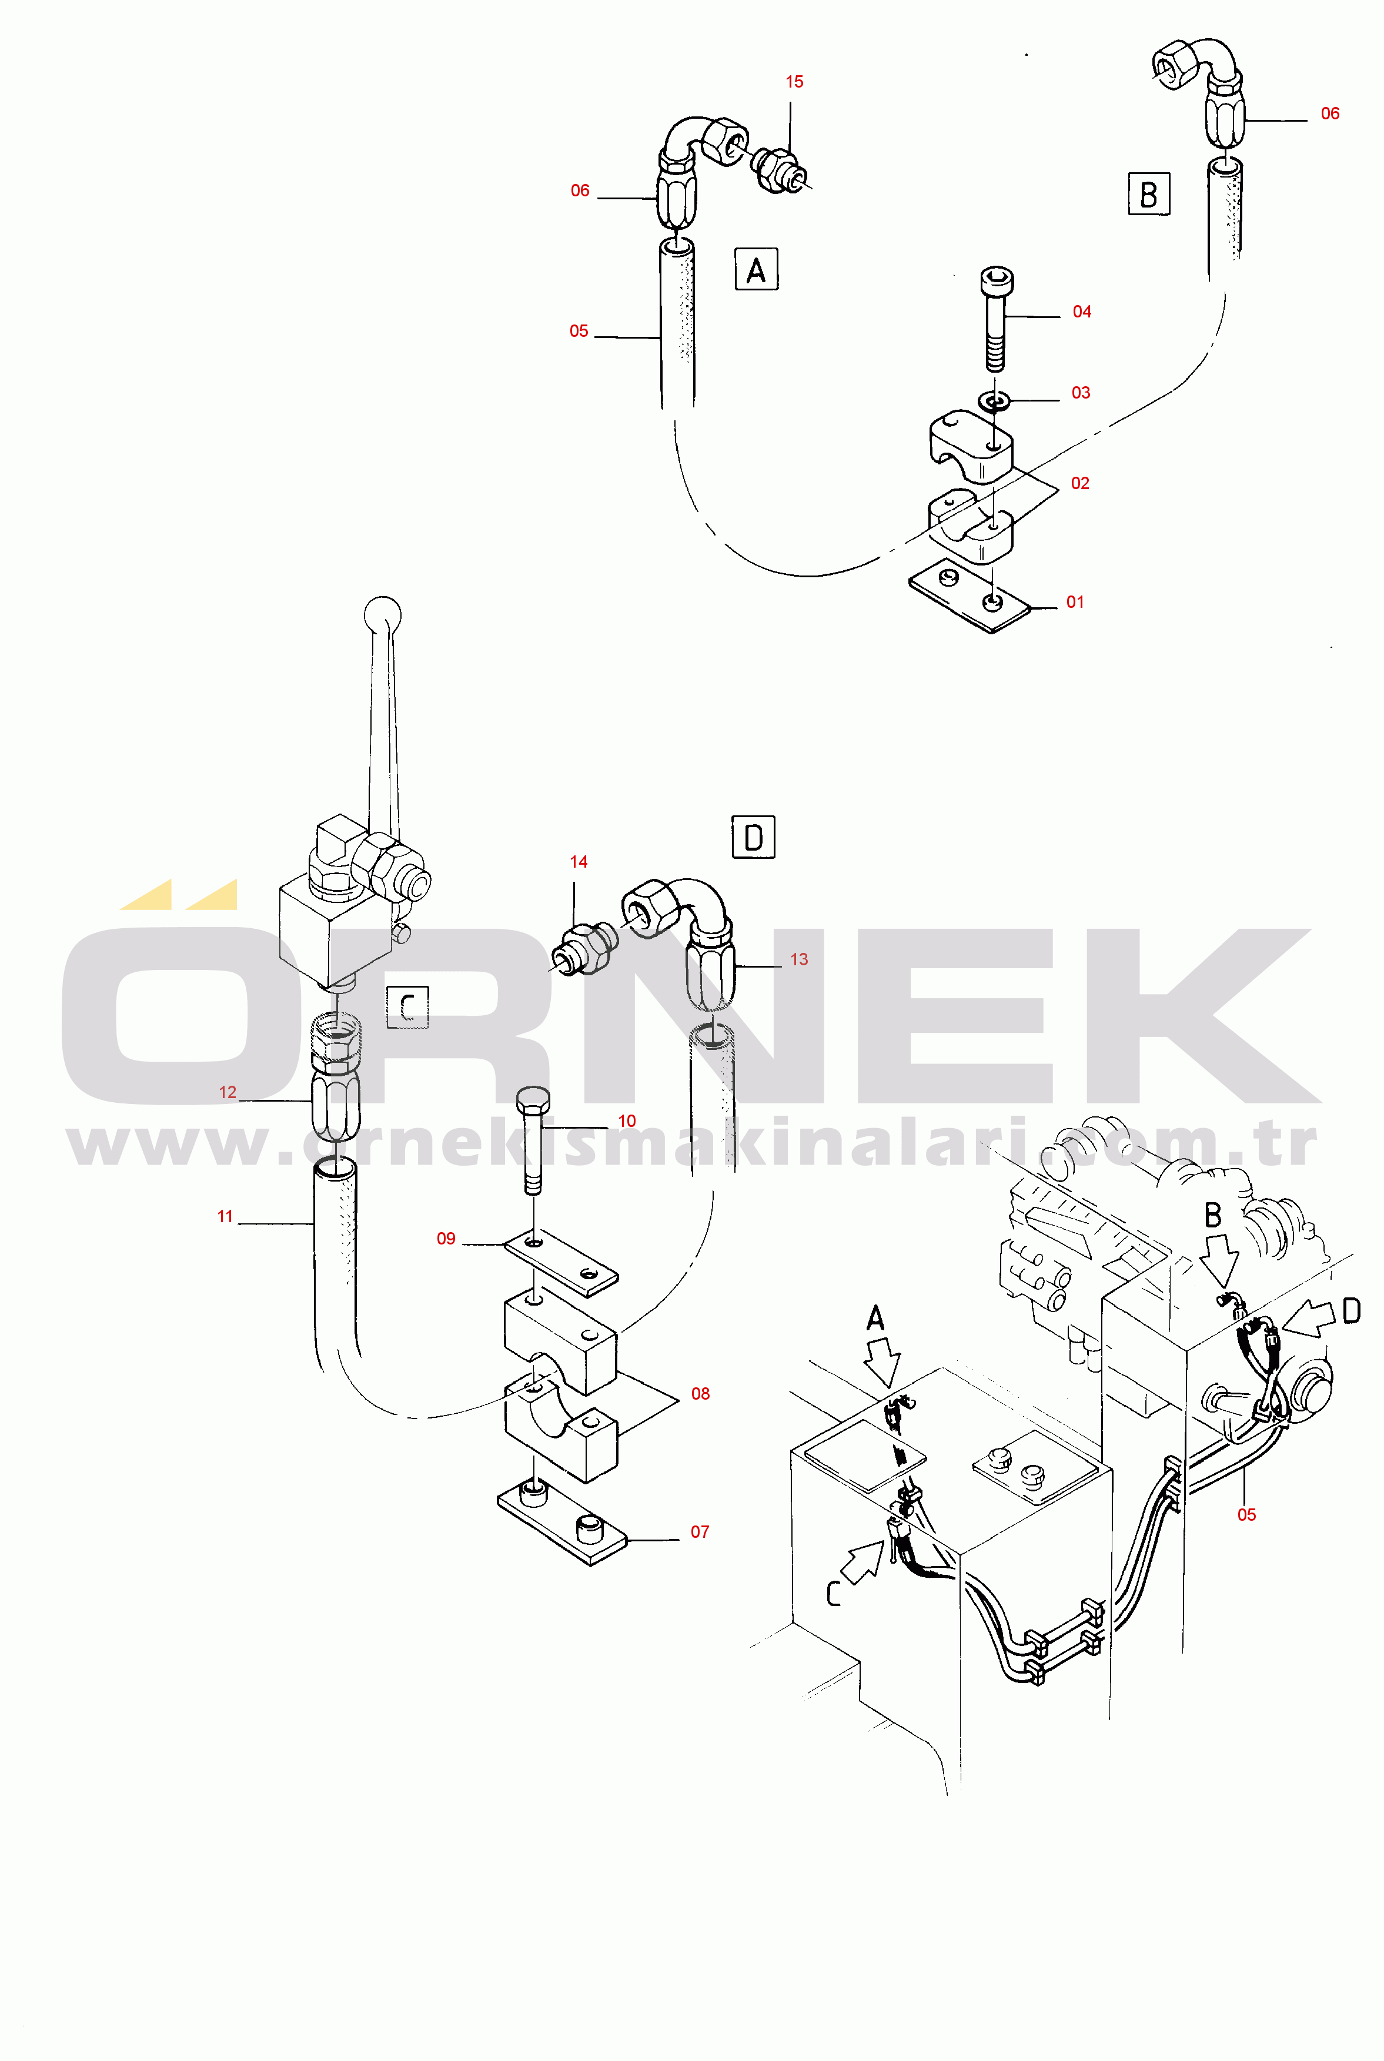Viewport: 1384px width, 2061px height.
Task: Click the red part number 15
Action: click(794, 82)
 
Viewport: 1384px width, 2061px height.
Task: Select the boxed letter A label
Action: click(757, 269)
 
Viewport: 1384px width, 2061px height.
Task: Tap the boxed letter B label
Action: click(1148, 194)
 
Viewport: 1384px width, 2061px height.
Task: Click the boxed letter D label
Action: click(753, 837)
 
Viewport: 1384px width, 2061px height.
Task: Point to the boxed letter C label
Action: click(408, 1006)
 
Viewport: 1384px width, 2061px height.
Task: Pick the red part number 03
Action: click(1081, 393)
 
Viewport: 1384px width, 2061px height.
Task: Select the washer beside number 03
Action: click(995, 402)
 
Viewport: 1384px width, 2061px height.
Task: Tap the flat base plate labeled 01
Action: click(969, 600)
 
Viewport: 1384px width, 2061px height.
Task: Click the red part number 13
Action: click(799, 959)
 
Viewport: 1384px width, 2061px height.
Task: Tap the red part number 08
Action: click(700, 1393)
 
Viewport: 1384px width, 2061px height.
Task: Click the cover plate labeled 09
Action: click(560, 1262)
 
